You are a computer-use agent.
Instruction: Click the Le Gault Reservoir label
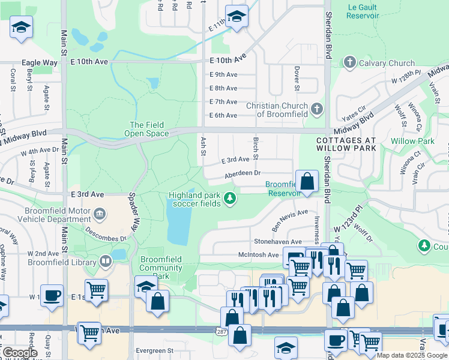coord(363,11)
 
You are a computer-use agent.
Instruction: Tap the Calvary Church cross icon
coord(349,62)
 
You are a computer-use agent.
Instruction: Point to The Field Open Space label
coord(146,129)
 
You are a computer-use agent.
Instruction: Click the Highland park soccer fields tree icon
coord(229,199)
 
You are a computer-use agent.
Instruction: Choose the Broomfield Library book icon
coord(106,262)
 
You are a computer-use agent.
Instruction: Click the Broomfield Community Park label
coord(161,268)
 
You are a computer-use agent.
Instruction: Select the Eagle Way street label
coord(39,62)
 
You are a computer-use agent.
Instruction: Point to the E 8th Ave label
coord(223,88)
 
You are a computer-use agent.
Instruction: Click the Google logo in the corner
coord(20,353)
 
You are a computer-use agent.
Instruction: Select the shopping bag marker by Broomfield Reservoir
coord(307,181)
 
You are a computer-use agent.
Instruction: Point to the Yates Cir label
coord(354,110)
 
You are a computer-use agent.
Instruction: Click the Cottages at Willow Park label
coord(346,144)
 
